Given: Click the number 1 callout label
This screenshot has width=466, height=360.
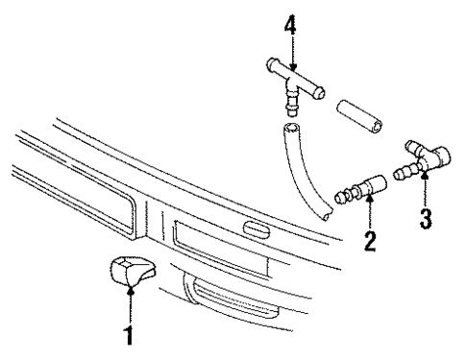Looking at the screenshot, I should point(129,336).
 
